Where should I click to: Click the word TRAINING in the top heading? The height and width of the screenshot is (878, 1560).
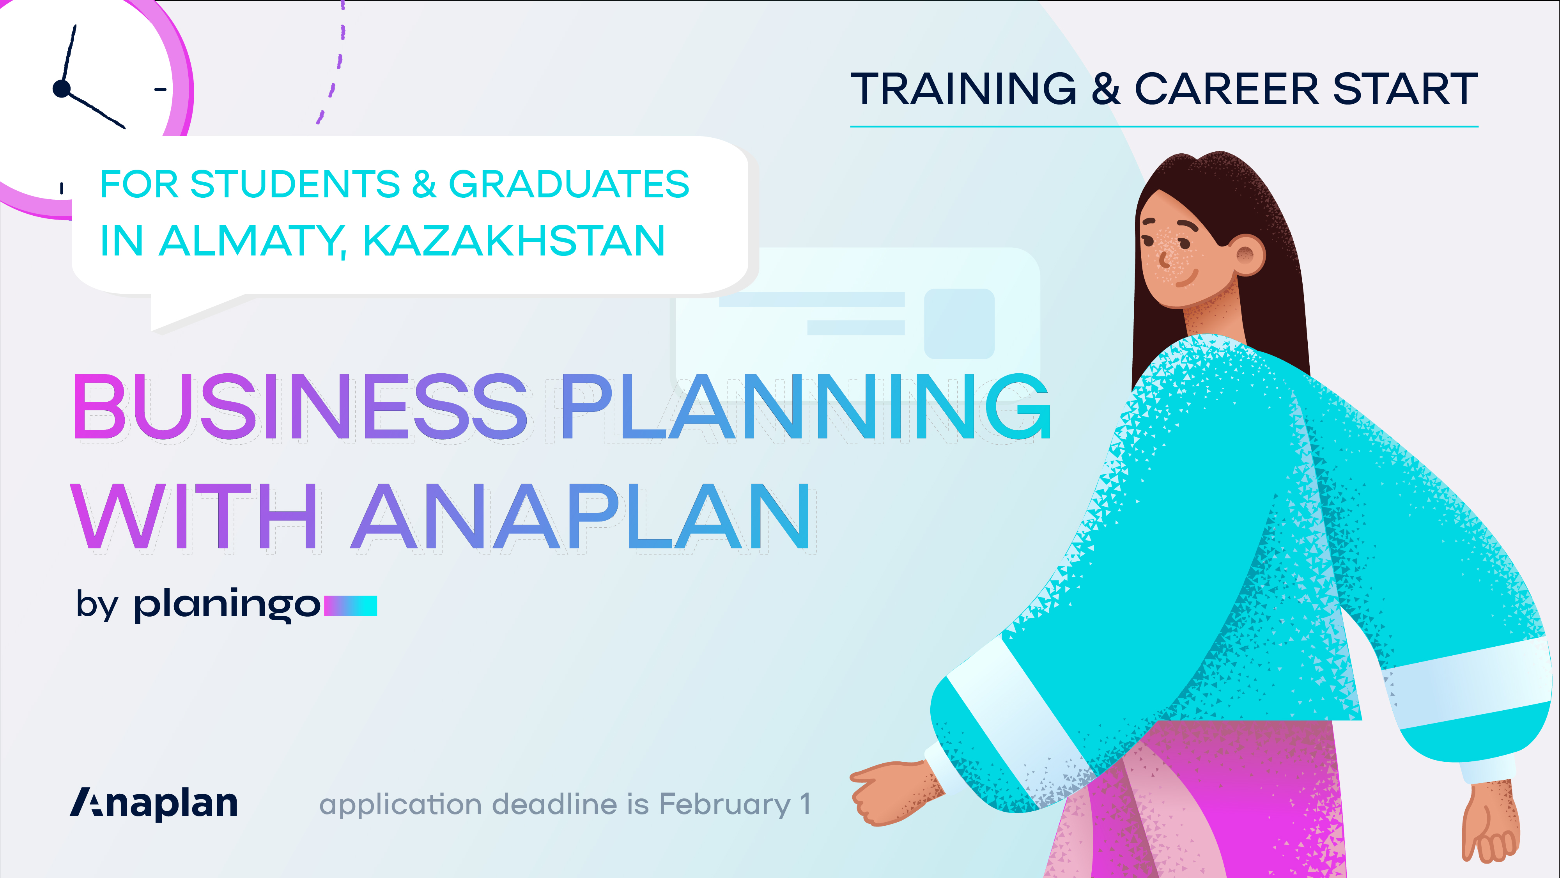[x=963, y=89]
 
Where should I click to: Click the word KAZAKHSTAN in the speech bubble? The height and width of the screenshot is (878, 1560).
[x=514, y=241]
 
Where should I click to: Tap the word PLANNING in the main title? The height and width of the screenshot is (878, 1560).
[x=806, y=406]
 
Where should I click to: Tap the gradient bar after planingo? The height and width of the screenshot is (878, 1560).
[x=351, y=605]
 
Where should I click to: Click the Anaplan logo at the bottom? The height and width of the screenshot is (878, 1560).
[x=154, y=804]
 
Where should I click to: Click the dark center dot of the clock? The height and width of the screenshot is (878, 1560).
[x=62, y=89]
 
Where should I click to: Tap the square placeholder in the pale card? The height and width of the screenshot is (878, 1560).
[x=959, y=324]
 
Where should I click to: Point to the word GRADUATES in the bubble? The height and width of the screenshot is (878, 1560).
[x=568, y=184]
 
